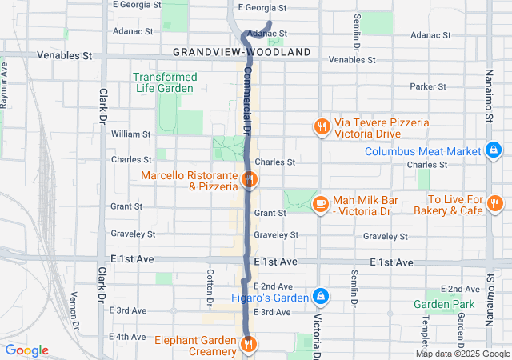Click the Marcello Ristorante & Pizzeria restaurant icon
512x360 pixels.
tap(249, 180)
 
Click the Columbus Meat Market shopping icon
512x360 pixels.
tap(494, 150)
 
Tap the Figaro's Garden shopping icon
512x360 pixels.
tap(321, 297)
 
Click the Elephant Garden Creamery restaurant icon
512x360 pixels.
tap(249, 345)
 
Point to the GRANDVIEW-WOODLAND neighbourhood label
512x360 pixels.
tap(242, 52)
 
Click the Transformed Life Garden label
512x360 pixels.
tap(164, 82)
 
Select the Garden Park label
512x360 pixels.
tap(444, 304)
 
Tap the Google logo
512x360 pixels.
tap(26, 350)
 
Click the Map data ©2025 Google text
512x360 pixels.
tap(462, 354)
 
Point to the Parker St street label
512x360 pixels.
tap(426, 86)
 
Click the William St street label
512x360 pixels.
tap(130, 134)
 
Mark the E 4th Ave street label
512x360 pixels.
tap(130, 337)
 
